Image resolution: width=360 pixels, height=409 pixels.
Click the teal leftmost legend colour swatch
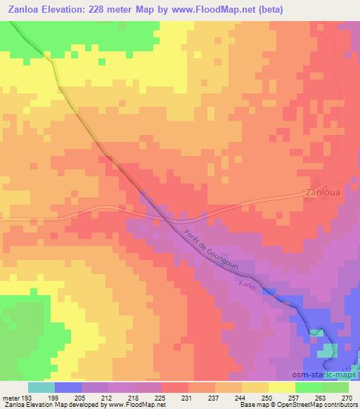pos(41,387)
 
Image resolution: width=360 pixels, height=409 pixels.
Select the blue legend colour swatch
pos(68,387)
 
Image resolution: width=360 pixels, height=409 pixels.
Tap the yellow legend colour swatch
pos(281,387)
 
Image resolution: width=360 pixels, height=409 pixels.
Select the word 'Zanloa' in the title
pos(21,10)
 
